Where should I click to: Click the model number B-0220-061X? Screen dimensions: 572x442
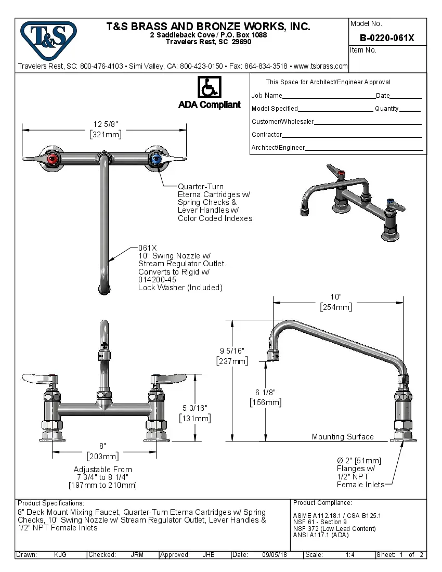(387, 38)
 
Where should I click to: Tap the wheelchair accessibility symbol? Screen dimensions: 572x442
(210, 87)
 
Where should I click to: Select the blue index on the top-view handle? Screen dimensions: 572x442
(155, 159)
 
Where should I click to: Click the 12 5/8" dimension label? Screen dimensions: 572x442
(106, 124)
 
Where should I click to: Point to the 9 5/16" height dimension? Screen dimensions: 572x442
(232, 351)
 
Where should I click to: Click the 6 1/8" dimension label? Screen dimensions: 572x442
(265, 393)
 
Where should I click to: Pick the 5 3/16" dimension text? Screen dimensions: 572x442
(194, 409)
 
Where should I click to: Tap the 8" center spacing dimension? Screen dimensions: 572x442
(103, 446)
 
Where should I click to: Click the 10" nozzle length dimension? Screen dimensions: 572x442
(336, 297)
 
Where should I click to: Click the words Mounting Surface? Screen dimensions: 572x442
(343, 437)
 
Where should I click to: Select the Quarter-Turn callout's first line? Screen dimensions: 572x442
(201, 186)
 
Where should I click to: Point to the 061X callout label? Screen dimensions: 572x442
(147, 248)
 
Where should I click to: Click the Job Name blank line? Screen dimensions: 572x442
(329, 96)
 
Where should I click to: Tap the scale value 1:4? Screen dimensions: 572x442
(350, 555)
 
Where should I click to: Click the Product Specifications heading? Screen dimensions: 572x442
(50, 503)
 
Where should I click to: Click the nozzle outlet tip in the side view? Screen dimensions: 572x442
(274, 356)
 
